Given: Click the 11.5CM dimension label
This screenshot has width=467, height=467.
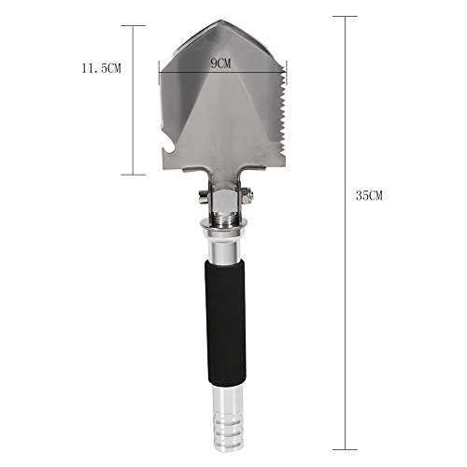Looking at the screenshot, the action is coord(101,68).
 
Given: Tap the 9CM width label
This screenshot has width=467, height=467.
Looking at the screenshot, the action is coord(220,64).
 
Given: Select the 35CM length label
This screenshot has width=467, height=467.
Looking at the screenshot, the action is coord(369,196).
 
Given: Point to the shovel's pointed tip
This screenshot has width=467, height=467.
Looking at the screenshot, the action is coord(221,21).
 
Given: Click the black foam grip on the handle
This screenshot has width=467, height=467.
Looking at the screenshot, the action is coord(225,323).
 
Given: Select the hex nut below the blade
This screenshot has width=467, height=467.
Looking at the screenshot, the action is coord(223,200).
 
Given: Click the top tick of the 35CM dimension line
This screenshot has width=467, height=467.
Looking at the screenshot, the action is coord(345,17).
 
